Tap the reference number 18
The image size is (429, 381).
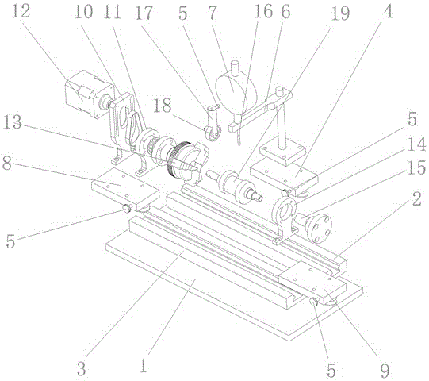[163, 106]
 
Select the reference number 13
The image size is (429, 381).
[12, 122]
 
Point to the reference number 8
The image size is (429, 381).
[7, 163]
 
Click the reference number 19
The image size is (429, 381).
[340, 13]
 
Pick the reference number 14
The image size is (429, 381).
[416, 144]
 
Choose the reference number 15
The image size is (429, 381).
[416, 167]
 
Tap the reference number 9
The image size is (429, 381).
[385, 371]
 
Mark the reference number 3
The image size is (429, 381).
[81, 368]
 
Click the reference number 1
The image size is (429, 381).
[144, 365]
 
